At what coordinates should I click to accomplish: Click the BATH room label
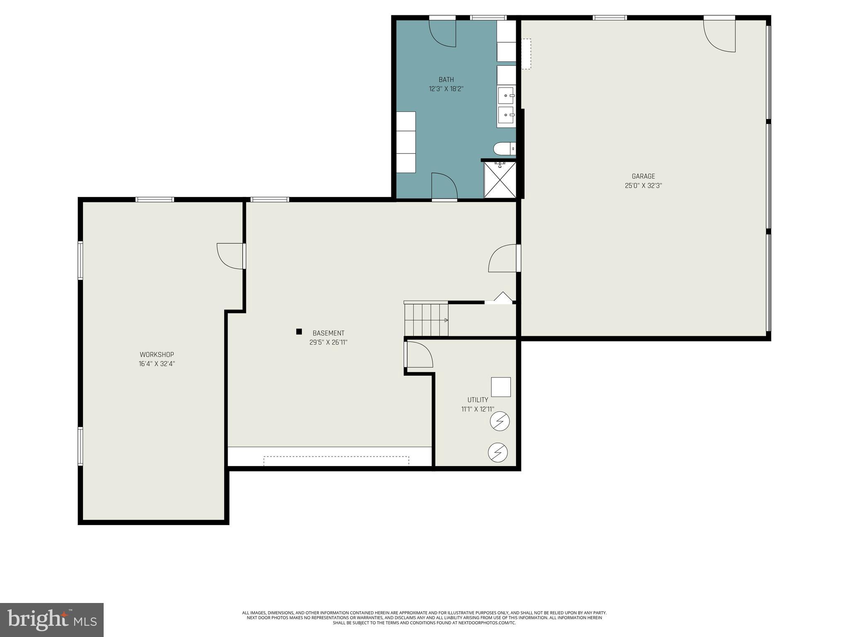446,80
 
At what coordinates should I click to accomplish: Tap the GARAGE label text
643,176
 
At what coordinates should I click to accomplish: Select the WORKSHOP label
157,355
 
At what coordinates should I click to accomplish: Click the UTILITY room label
478,400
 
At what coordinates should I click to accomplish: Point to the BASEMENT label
328,333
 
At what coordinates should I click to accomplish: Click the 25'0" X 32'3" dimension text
643,186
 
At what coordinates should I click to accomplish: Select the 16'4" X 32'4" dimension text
157,364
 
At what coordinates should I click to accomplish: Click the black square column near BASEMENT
299,331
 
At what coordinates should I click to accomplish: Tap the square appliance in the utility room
501,387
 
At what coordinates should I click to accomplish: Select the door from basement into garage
503,258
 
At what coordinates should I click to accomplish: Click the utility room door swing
419,354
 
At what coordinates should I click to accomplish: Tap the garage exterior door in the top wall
720,35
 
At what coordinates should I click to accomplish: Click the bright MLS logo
52,620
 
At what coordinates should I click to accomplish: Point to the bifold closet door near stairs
502,297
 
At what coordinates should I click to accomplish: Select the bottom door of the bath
444,186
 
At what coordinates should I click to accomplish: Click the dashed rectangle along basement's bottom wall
336,461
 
